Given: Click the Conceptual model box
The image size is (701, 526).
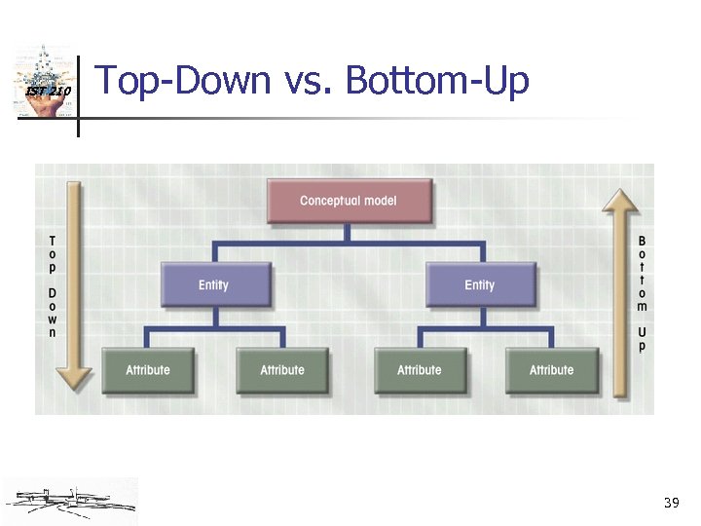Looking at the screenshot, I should tap(349, 201).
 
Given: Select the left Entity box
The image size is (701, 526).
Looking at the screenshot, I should tap(213, 284).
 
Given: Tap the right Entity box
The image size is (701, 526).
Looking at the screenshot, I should tap(480, 284).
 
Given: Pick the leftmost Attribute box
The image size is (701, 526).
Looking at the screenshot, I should tap(148, 369).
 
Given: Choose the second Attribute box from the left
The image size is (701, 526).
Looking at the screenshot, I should tap(282, 369).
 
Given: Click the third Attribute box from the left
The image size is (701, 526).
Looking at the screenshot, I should tap(420, 369).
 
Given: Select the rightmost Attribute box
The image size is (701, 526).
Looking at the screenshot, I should tap(551, 369).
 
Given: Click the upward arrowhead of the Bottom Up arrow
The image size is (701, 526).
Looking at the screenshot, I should tap(620, 201).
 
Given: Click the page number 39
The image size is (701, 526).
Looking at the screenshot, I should tap(670, 503).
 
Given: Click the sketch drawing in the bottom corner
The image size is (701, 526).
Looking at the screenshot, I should tap(70, 500).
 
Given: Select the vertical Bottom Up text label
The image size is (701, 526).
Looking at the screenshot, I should tap(642, 292).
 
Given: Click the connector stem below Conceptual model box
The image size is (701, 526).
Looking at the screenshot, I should tap(348, 233).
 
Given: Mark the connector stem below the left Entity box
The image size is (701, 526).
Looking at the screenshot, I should tap(213, 318).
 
